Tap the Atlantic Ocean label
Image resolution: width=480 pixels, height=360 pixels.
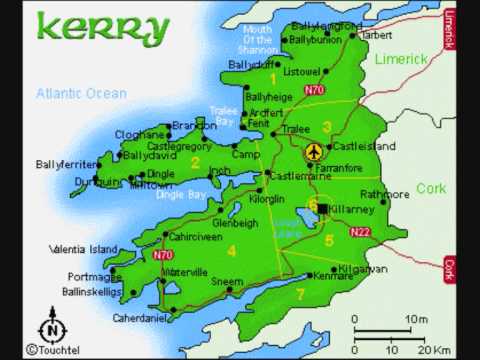tap(82, 93)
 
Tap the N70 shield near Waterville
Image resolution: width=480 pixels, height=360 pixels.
tap(163, 255)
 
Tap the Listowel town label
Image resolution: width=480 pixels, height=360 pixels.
tap(302, 72)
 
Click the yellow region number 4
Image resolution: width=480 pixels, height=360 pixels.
tap(231, 251)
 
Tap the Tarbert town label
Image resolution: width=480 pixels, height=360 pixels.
tap(376, 34)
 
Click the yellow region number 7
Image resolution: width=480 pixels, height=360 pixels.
tap(299, 293)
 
